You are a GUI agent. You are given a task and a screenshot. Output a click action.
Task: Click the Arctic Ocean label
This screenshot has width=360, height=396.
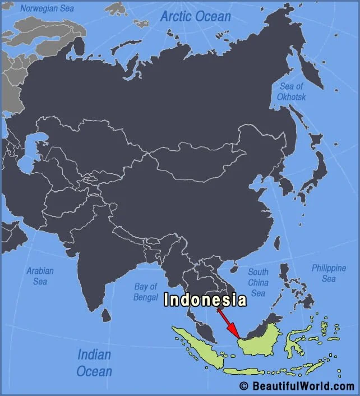click(x=195, y=16)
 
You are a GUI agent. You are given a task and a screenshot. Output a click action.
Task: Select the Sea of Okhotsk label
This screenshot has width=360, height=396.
click(x=292, y=91)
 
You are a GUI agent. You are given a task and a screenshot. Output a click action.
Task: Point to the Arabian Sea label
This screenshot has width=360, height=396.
click(x=40, y=276)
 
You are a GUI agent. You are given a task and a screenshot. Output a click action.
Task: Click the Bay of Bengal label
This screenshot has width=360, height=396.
click(x=146, y=292)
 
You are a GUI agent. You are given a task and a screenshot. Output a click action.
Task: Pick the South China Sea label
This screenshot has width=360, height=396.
click(x=258, y=282)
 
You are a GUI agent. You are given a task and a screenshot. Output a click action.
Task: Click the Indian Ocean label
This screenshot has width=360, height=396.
click(x=94, y=362)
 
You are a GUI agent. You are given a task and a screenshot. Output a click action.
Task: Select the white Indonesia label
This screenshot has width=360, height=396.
click(x=205, y=300)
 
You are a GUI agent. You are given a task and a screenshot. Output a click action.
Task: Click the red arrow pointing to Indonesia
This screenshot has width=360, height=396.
click(x=227, y=323)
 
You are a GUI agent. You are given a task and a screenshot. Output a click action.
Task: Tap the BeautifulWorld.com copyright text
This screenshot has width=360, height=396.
click(x=297, y=386)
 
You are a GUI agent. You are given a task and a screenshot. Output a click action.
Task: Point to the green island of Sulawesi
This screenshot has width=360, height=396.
click(x=294, y=342)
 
